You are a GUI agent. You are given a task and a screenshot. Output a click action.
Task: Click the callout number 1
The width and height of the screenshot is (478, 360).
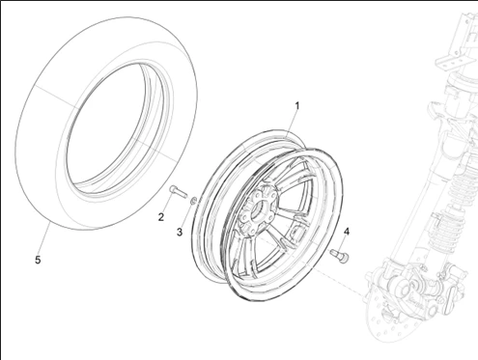(297, 105)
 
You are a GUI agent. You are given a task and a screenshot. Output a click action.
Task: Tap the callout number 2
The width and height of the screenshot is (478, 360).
(161, 216)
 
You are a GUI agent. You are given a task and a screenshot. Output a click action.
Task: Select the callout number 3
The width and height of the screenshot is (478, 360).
(179, 231)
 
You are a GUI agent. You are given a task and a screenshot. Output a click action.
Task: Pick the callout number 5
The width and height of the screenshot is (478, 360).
(38, 260)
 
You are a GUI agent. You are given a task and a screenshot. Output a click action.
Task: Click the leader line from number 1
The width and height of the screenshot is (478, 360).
(293, 124)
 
